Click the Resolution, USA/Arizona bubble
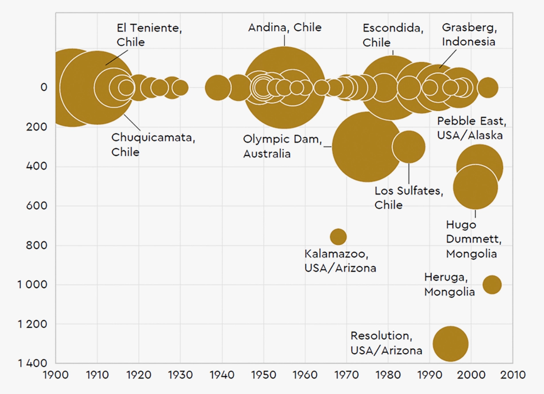tap(451, 344)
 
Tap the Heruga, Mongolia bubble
tap(492, 285)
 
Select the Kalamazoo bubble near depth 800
tap(338, 237)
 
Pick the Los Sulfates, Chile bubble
tap(409, 147)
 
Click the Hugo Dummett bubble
tap(475, 187)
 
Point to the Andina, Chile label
tap(285, 27)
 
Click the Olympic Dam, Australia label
tap(283, 146)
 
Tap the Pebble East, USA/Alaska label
tap(472, 128)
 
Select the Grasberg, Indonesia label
tap(470, 35)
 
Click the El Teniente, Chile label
tap(149, 35)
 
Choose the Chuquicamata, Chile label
tap(153, 145)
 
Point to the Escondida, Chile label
tap(393, 35)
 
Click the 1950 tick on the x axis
tap(264, 375)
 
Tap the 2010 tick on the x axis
tap(513, 375)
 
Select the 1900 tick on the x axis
tap(56, 375)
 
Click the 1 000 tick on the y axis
tap(32, 285)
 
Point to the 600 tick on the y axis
tap(36, 205)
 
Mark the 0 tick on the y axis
tap(44, 87)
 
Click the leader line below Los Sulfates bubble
tap(409, 174)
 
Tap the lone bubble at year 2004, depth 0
tap(488, 88)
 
